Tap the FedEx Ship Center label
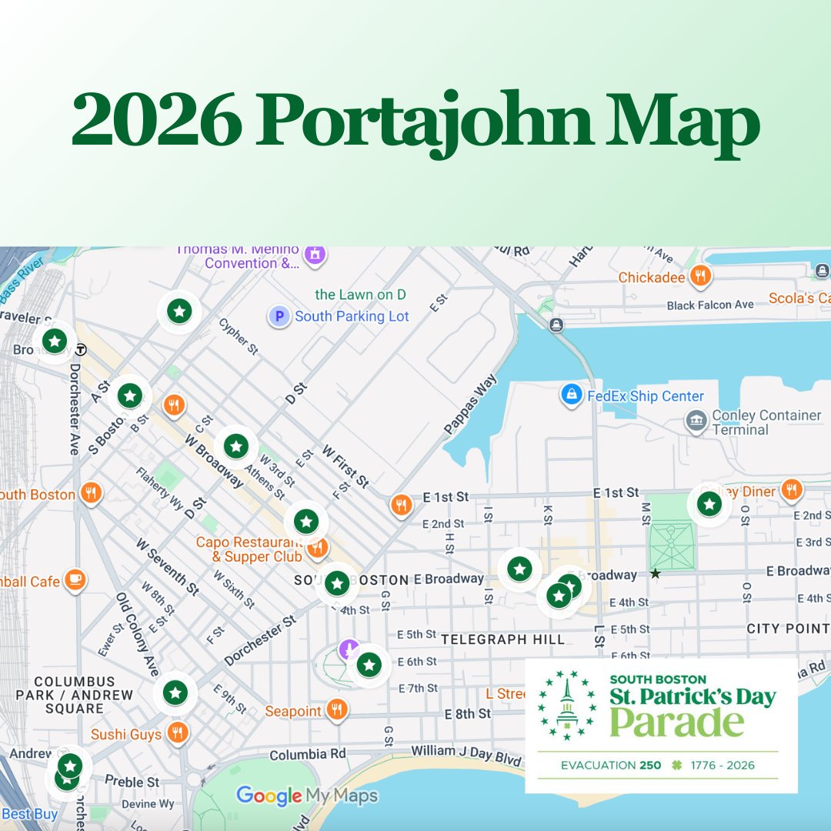(x=646, y=396)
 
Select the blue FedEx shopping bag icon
(x=571, y=395)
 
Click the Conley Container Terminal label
(x=766, y=422)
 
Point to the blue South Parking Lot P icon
(x=279, y=316)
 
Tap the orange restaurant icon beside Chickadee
(x=699, y=276)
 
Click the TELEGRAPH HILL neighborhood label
(x=503, y=639)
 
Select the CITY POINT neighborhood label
(x=787, y=629)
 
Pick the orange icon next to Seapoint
(x=336, y=711)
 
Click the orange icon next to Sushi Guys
(x=178, y=734)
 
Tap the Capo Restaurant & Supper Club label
(x=249, y=549)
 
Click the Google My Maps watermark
(x=307, y=796)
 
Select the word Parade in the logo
(x=677, y=723)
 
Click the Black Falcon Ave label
(x=710, y=305)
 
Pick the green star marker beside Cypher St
(x=179, y=312)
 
